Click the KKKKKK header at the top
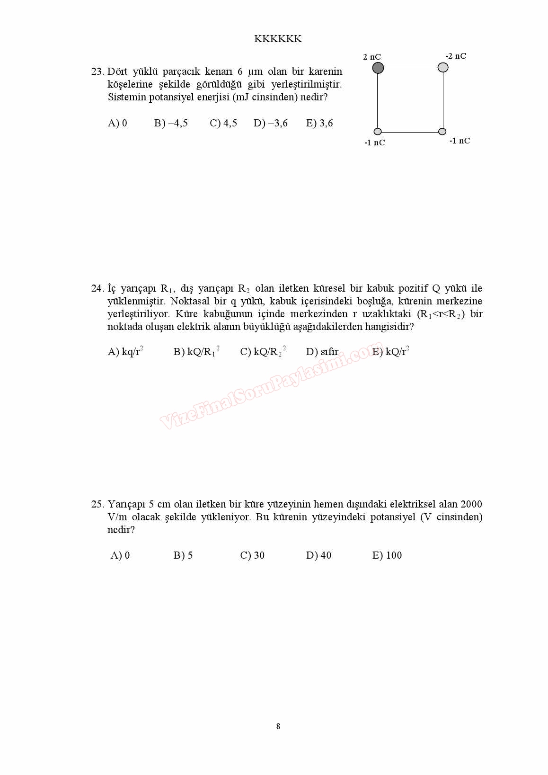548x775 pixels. click(278, 39)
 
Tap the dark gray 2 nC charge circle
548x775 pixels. click(378, 68)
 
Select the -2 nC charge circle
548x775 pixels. click(443, 67)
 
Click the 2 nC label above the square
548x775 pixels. click(372, 57)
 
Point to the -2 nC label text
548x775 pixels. click(456, 56)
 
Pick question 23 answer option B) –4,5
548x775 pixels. click(171, 124)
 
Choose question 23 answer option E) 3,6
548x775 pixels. click(319, 124)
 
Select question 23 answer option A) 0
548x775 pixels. click(117, 124)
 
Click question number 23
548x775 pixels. click(97, 72)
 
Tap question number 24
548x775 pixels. click(97, 289)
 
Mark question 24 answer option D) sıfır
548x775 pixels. click(322, 352)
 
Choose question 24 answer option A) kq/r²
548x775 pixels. click(125, 352)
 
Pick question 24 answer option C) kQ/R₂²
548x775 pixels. click(263, 352)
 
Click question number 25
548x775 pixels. click(97, 505)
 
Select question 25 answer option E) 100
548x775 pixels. click(387, 556)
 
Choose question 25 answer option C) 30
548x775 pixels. click(252, 556)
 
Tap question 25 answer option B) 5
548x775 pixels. click(183, 556)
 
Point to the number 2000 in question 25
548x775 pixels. click(471, 505)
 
